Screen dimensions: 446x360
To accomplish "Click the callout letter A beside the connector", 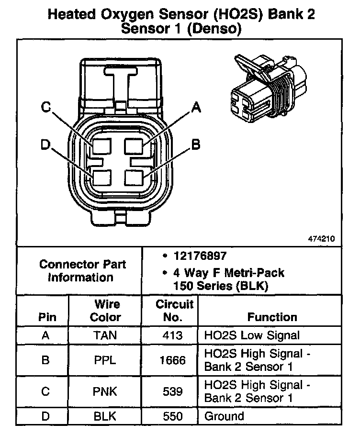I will [195, 108].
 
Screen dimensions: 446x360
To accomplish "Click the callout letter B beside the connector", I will [195, 145].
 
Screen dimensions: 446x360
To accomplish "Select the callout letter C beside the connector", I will [46, 108].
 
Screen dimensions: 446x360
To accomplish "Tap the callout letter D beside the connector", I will [46, 145].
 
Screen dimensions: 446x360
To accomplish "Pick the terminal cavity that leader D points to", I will [102, 178].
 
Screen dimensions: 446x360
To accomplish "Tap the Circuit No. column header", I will [174, 311].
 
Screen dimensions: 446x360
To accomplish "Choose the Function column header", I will [272, 317].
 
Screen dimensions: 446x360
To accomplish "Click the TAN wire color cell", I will [105, 335].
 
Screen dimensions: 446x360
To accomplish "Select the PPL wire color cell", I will [105, 360].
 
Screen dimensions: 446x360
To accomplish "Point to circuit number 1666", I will [172, 360].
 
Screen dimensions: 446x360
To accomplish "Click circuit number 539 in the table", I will [172, 391].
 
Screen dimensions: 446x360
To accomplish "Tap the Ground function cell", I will [224, 416].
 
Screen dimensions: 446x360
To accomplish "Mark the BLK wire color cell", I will [105, 416].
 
